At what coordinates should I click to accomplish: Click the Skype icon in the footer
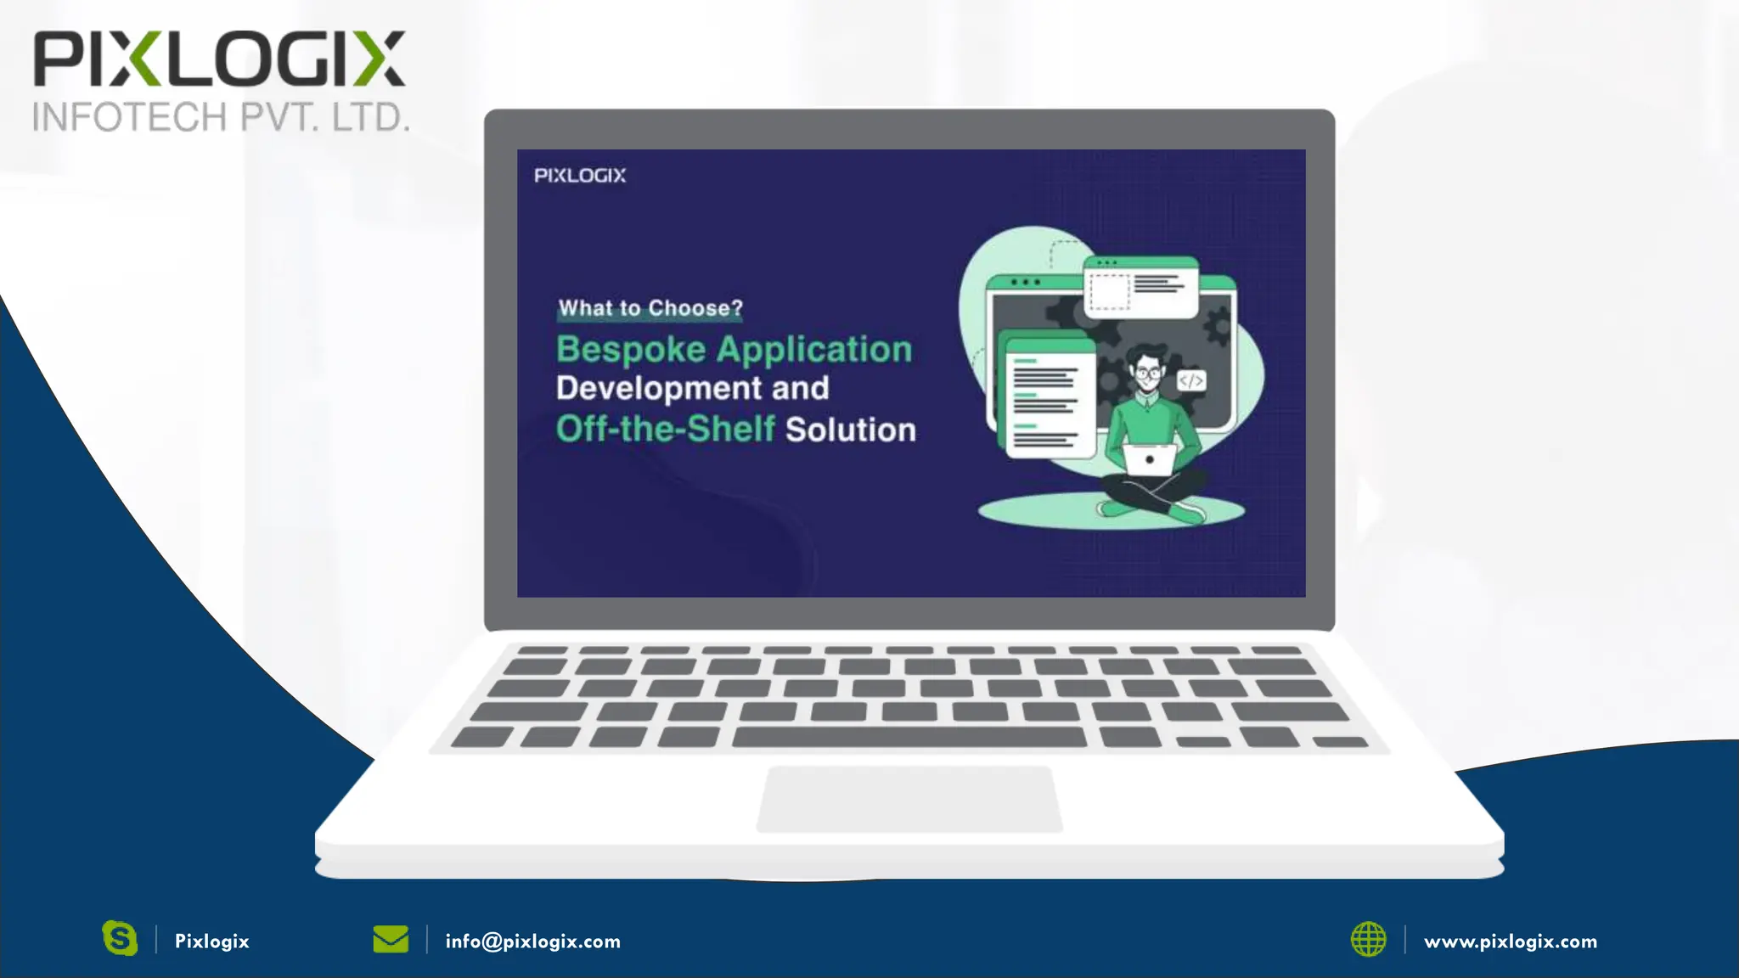click(x=120, y=939)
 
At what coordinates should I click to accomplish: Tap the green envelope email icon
click(x=391, y=940)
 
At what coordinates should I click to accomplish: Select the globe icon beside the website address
click(x=1368, y=940)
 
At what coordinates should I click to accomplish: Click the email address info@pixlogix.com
click(x=532, y=941)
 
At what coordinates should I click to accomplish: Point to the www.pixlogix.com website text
click(x=1510, y=941)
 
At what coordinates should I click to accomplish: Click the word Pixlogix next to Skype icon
click(x=211, y=941)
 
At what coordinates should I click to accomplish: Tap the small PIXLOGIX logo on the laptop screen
click(x=580, y=176)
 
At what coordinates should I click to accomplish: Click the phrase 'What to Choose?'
click(x=650, y=308)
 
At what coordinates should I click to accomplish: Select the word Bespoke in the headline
click(x=631, y=350)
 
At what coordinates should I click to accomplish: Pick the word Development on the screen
click(x=659, y=389)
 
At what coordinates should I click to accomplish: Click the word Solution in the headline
click(x=851, y=430)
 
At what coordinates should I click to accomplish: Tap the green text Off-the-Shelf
click(x=666, y=430)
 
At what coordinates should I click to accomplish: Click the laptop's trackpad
click(x=909, y=799)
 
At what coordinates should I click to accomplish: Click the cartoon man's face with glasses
click(x=1148, y=372)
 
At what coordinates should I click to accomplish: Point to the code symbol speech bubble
click(x=1190, y=381)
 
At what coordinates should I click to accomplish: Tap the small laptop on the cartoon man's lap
click(x=1150, y=459)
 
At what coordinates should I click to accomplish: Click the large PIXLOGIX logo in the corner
click(x=219, y=59)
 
